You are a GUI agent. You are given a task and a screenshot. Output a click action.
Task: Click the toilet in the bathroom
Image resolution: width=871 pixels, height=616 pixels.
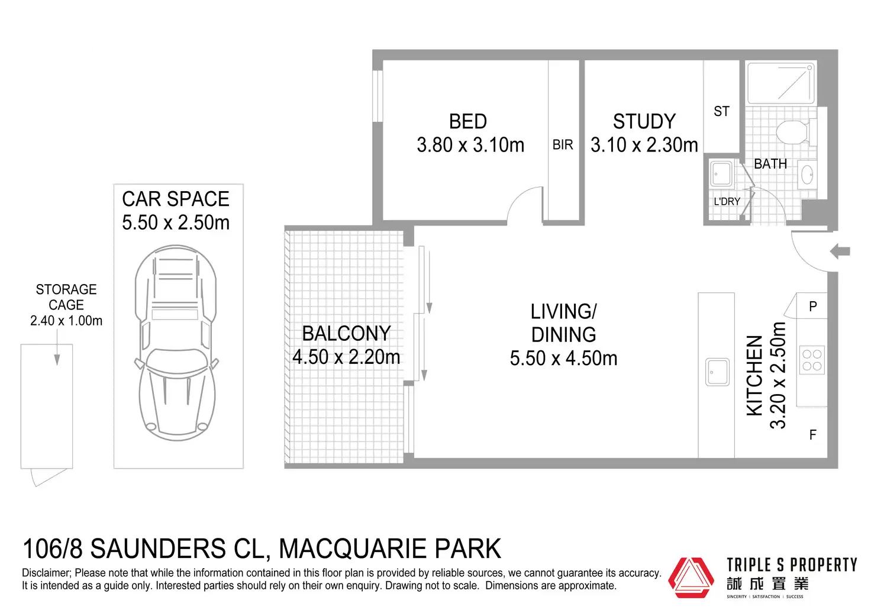pyautogui.click(x=793, y=131)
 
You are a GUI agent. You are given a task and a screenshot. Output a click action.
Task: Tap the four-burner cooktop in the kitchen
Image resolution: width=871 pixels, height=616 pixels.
pyautogui.click(x=812, y=360)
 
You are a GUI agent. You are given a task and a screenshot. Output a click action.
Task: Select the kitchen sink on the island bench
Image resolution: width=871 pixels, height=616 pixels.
pyautogui.click(x=717, y=372)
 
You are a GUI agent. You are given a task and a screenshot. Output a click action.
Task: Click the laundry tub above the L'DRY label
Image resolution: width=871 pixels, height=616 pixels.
pyautogui.click(x=722, y=173)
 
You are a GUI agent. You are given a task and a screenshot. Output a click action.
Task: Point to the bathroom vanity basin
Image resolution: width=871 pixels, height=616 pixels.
pyautogui.click(x=807, y=175)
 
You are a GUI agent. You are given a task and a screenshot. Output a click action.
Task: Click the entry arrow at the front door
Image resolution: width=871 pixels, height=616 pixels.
pyautogui.click(x=840, y=251)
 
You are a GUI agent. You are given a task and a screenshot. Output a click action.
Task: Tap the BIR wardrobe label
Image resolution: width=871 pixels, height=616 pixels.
pyautogui.click(x=563, y=144)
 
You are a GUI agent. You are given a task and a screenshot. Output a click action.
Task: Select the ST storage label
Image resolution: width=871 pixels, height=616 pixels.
pyautogui.click(x=721, y=112)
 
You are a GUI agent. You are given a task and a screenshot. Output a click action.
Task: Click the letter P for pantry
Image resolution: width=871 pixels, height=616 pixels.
pyautogui.click(x=812, y=307)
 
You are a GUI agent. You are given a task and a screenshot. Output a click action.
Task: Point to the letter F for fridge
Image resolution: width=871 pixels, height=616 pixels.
pyautogui.click(x=812, y=435)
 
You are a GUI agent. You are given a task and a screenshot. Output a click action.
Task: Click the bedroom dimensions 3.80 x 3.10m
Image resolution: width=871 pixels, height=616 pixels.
pyautogui.click(x=470, y=145)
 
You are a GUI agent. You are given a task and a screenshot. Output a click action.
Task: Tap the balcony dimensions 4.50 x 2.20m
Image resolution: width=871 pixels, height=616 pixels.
pyautogui.click(x=346, y=357)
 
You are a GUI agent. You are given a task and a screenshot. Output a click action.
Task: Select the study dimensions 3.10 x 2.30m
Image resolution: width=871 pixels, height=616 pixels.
pyautogui.click(x=644, y=145)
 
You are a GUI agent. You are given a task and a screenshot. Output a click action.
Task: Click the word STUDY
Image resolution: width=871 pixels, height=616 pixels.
pyautogui.click(x=644, y=121)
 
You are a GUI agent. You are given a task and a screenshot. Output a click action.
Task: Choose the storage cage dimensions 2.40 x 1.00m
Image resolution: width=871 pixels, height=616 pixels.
pyautogui.click(x=66, y=321)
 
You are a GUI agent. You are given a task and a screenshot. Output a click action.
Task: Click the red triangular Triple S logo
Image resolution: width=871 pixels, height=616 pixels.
pyautogui.click(x=691, y=577)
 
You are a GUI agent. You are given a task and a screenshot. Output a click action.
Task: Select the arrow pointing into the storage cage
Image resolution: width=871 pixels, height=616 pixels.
pyautogui.click(x=57, y=347)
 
